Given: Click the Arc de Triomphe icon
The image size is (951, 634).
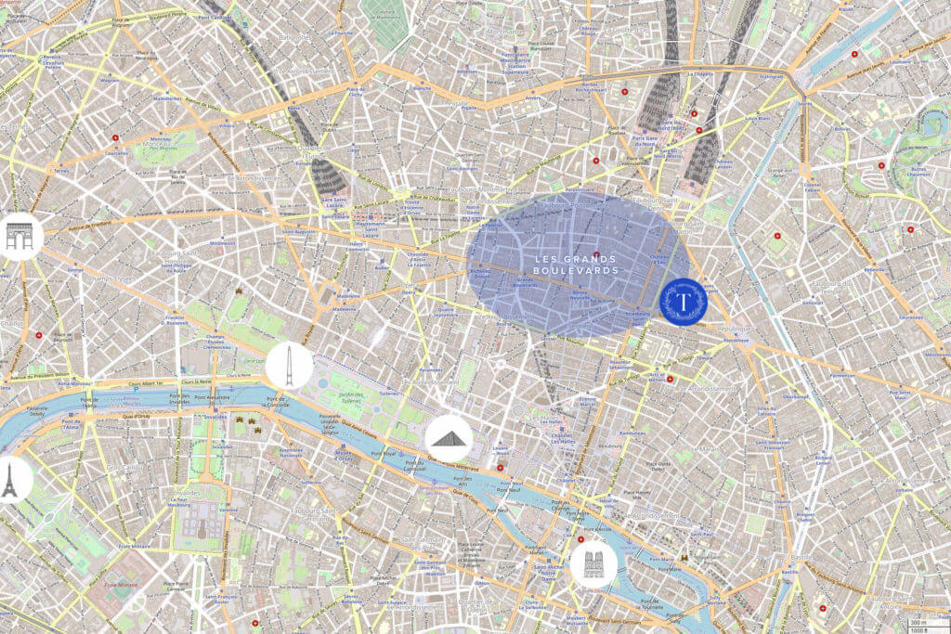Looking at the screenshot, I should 19,236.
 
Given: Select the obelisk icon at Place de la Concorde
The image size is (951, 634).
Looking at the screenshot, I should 289,366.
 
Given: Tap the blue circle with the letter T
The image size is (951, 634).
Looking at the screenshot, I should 684,302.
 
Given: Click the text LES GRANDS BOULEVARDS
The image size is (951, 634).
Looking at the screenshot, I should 576,264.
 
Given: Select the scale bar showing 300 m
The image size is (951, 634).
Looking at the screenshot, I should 919,622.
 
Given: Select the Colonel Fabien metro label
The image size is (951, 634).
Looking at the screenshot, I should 813,188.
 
